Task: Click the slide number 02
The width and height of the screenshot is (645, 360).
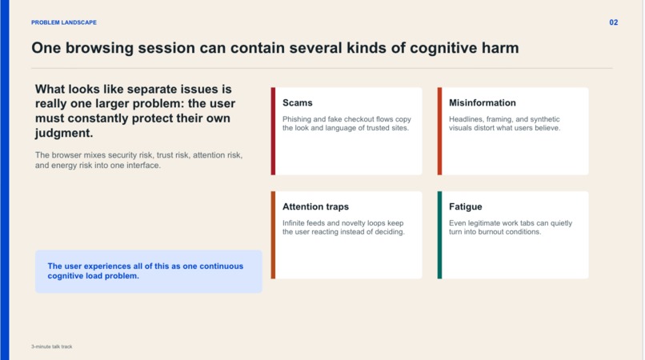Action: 614,22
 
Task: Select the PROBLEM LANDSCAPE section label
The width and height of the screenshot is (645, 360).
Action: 64,22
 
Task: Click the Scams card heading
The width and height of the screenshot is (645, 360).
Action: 297,103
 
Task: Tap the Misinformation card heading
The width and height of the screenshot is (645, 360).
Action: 482,103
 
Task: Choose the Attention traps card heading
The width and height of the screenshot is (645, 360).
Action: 315,206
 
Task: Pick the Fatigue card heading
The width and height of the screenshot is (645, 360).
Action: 465,206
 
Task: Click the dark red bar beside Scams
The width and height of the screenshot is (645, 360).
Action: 273,130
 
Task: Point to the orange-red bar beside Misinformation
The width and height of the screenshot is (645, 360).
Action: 439,130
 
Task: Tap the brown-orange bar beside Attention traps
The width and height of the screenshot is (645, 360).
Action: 273,234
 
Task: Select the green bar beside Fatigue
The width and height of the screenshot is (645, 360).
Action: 439,234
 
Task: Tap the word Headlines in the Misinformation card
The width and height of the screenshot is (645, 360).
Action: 467,119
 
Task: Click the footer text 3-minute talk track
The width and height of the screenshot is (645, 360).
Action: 51,346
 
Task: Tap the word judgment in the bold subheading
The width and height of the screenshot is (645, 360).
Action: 64,133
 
